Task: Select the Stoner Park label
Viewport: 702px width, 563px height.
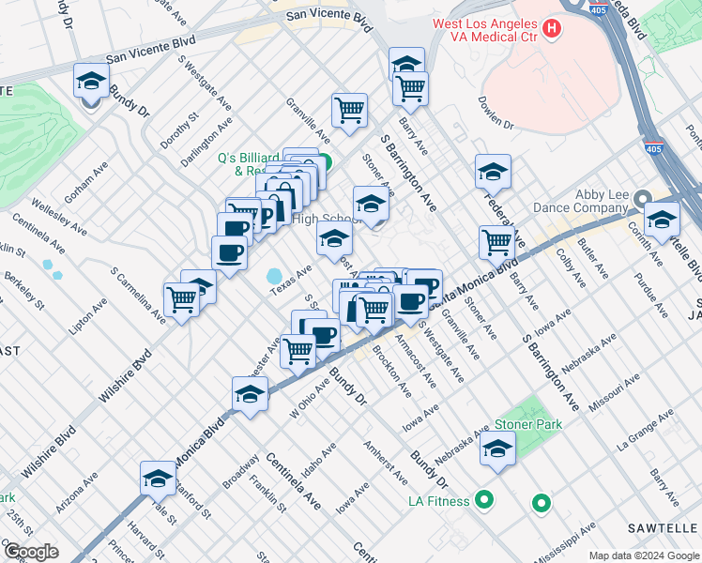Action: (528, 424)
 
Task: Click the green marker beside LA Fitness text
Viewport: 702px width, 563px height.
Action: (484, 500)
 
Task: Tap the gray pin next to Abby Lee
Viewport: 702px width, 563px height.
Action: (643, 199)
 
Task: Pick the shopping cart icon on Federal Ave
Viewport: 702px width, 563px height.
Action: (496, 241)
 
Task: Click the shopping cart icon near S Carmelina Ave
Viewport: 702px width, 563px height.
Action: (181, 299)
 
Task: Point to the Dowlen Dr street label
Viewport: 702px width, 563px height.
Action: (496, 113)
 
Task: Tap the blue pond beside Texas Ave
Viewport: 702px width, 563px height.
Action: (275, 276)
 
